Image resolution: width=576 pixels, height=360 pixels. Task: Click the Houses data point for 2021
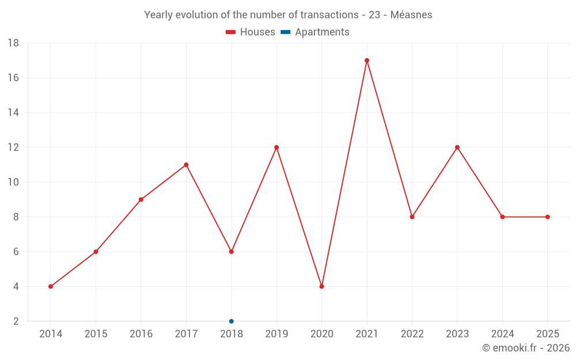[x=367, y=60]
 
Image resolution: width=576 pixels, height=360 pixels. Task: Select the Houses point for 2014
[x=51, y=286]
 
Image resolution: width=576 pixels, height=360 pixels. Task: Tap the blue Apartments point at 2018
[x=232, y=321]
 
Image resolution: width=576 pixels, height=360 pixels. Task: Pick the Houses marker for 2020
[x=321, y=286]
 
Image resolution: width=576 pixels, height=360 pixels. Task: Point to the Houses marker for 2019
[x=276, y=147]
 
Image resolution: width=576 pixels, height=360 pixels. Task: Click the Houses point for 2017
[x=186, y=165]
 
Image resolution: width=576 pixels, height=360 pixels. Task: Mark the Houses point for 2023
[x=457, y=147]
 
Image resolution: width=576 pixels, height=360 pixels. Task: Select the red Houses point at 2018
[x=232, y=252]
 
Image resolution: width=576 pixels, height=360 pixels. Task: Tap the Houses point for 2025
[x=548, y=217]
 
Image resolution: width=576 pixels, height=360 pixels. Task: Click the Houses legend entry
[x=251, y=32]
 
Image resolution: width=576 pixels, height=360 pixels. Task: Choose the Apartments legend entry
[x=315, y=32]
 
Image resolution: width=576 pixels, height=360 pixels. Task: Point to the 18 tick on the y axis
[x=13, y=43]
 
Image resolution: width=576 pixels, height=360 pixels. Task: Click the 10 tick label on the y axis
[x=13, y=182]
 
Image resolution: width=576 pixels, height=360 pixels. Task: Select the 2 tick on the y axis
[x=16, y=321]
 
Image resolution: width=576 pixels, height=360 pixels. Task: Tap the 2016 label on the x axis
[x=141, y=334]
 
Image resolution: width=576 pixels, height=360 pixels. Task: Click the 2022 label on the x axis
[x=412, y=334]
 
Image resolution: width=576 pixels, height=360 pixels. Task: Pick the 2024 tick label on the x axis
[x=502, y=334]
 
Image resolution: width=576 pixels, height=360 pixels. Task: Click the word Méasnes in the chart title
[x=411, y=15]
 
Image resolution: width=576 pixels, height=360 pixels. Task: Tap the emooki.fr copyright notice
[x=525, y=348]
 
